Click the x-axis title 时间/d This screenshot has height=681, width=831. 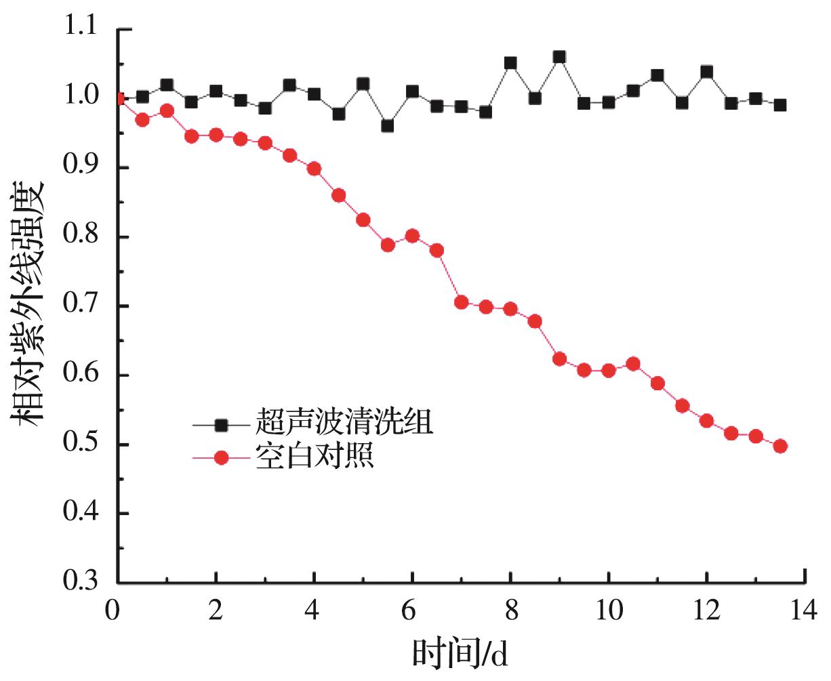tap(460, 655)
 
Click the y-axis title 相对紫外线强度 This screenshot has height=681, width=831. tap(28, 304)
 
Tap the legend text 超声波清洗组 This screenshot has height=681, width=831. tap(344, 424)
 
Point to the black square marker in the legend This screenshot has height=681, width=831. tap(220, 425)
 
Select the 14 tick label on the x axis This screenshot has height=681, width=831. tap(804, 610)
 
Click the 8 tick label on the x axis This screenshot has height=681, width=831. tap(510, 610)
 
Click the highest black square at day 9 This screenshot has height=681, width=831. tap(559, 57)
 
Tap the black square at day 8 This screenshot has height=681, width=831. tap(510, 63)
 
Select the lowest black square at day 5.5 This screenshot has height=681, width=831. tap(387, 126)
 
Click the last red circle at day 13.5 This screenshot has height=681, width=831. tap(780, 446)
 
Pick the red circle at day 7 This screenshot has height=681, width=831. tap(461, 302)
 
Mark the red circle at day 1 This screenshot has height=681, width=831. tap(167, 110)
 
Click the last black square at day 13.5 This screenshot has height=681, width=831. tap(780, 105)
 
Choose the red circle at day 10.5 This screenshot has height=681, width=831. tap(633, 364)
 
